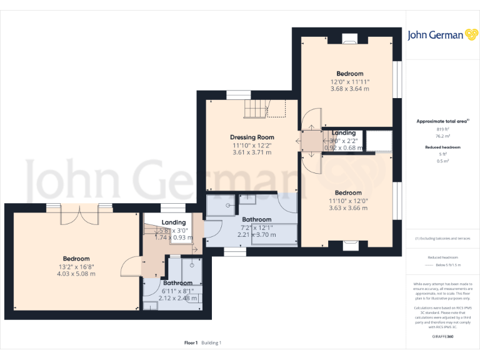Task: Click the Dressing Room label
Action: click(252, 137)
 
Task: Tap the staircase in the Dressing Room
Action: click(262, 109)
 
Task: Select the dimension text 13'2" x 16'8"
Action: click(76, 266)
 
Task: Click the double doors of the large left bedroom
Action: click(79, 214)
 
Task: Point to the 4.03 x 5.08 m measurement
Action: click(76, 274)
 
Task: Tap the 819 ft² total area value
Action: click(442, 129)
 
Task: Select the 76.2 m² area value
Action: click(442, 135)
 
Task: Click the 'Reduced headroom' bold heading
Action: click(442, 147)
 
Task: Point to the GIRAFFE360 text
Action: click(442, 336)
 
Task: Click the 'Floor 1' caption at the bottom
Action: click(191, 342)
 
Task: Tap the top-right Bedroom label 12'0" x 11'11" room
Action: click(349, 74)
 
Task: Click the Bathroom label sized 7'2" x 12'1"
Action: click(256, 219)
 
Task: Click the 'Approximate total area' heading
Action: click(441, 121)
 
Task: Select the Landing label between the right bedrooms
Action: click(344, 132)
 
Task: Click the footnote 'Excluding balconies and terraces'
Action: click(442, 239)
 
